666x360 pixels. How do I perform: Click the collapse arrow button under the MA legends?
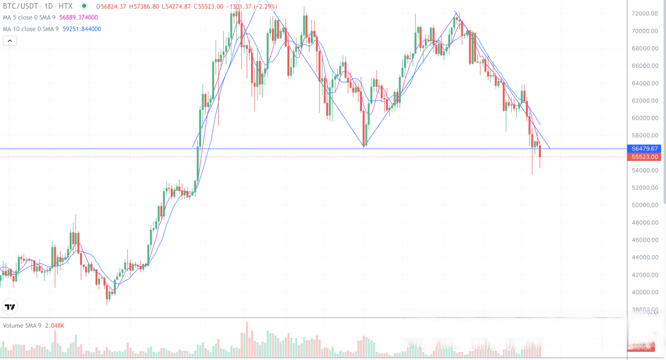(x=9, y=41)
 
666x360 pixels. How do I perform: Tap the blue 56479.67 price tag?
(x=646, y=149)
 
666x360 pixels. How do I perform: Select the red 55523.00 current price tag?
(x=646, y=157)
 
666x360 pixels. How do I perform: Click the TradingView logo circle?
(x=10, y=306)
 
